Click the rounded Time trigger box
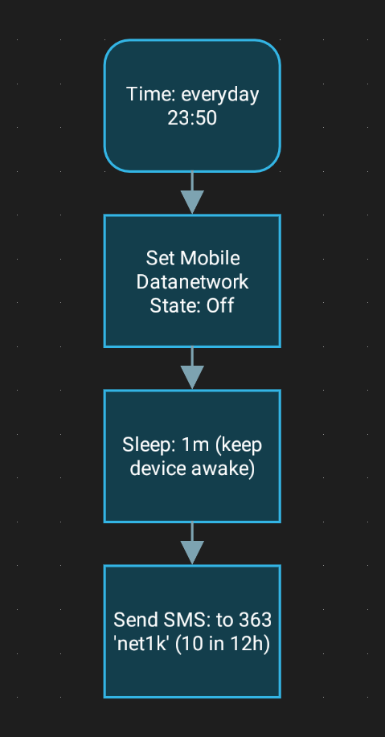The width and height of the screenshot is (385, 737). tap(192, 106)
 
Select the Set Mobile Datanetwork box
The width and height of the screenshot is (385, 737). tap(192, 281)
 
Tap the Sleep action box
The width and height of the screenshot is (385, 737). tap(192, 456)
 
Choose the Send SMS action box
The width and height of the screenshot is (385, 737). tap(192, 631)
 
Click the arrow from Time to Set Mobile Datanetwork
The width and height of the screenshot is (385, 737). tap(192, 193)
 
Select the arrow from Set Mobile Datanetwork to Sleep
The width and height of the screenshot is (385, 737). tap(192, 368)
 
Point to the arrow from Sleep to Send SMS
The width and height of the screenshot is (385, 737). tap(192, 543)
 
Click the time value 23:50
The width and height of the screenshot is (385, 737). tap(192, 118)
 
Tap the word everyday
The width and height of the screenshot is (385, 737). tap(220, 95)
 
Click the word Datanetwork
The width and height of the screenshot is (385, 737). tap(192, 282)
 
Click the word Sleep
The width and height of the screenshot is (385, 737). tap(145, 445)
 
